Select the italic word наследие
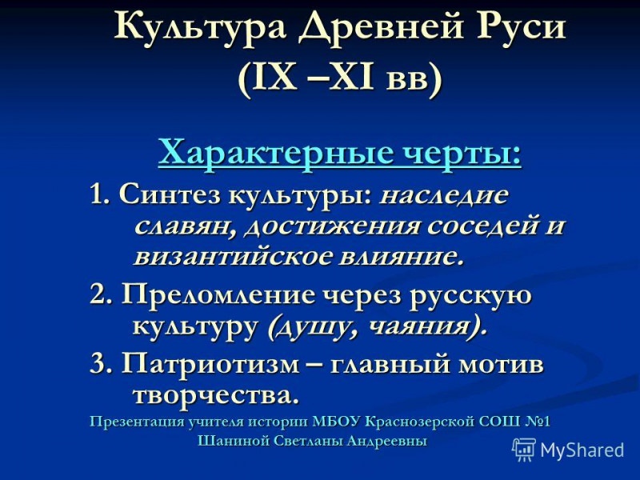(443, 194)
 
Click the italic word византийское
(221, 257)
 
